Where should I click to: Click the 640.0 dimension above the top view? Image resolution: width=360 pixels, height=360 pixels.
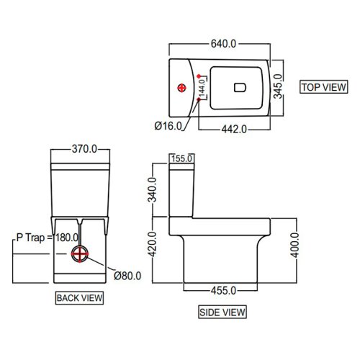[223, 44]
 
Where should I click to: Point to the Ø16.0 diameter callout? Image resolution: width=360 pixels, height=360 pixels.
[169, 125]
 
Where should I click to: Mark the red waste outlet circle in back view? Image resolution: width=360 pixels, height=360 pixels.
[80, 255]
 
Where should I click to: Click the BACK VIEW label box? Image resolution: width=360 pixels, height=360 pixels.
[79, 297]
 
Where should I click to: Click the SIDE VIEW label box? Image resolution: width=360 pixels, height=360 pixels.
[222, 312]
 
